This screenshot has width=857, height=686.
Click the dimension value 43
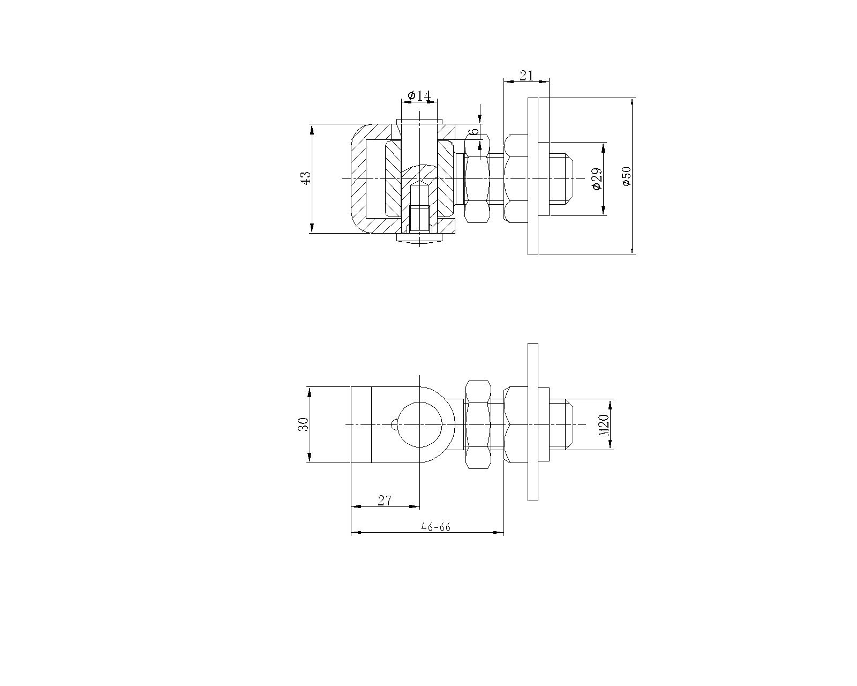click(305, 178)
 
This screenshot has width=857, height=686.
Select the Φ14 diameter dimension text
click(419, 95)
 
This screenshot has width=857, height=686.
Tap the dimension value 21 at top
click(527, 76)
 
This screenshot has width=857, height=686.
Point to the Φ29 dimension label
click(597, 179)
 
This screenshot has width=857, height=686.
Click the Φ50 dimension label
click(627, 176)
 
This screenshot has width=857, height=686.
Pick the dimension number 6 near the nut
click(475, 131)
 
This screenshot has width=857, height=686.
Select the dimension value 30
click(304, 424)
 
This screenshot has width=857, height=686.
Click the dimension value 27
click(385, 500)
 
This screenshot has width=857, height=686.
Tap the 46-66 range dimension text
click(435, 527)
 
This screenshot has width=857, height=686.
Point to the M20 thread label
click(604, 424)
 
